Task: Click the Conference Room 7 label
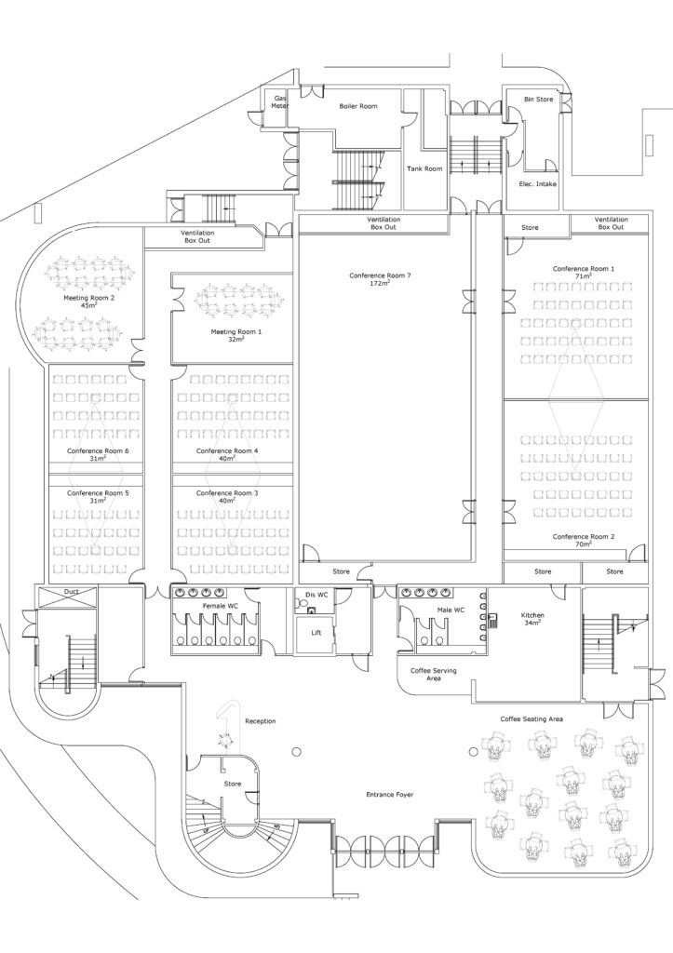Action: [x=380, y=275]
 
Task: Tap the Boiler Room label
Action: [x=358, y=107]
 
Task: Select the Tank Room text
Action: [x=424, y=168]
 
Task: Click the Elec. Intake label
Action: [x=538, y=184]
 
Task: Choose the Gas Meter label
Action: [x=280, y=102]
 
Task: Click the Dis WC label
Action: [x=316, y=594]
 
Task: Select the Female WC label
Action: [x=221, y=606]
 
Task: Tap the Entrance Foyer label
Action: [x=388, y=795]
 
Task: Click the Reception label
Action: [x=260, y=721]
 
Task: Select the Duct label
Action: [x=72, y=592]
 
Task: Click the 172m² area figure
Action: [x=379, y=283]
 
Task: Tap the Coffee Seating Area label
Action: [x=531, y=718]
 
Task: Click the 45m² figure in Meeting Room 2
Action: [x=88, y=305]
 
